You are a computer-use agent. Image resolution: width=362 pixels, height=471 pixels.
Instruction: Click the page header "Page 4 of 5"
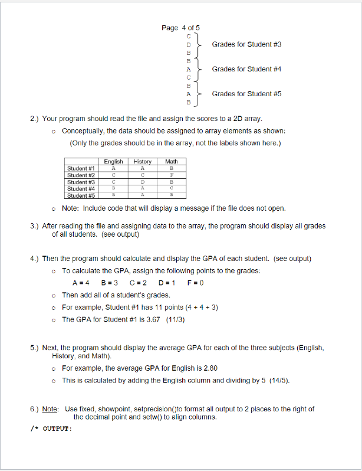tap(180, 28)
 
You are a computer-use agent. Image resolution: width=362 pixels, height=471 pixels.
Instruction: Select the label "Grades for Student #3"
tap(246, 44)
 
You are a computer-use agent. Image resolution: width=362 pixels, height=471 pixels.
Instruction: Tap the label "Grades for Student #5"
tap(246, 94)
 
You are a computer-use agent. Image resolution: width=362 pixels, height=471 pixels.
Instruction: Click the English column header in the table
tap(113, 161)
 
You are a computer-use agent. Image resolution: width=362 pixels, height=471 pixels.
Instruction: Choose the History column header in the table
tap(142, 161)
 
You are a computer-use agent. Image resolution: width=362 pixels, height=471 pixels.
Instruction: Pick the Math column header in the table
tap(171, 161)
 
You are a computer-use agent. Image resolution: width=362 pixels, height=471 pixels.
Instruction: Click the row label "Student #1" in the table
tap(81, 168)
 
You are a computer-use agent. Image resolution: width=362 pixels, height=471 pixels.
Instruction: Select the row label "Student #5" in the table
tap(81, 195)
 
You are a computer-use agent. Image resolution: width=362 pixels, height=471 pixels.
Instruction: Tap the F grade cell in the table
tap(171, 175)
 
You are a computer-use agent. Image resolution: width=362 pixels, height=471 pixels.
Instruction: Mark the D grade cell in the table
tap(142, 182)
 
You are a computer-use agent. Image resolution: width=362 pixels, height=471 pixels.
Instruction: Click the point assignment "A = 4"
tap(80, 282)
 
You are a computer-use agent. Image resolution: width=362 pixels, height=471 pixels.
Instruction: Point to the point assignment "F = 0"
tap(195, 282)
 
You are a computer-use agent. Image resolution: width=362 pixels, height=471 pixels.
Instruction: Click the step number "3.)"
tap(35, 226)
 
